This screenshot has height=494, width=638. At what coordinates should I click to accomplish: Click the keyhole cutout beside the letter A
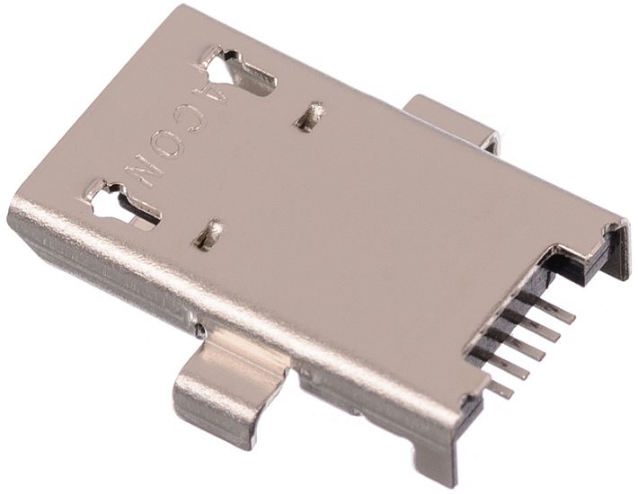tap(236, 73)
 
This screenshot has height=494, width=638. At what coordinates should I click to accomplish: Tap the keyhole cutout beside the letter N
tap(122, 204)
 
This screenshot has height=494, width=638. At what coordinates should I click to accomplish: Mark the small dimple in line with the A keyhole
tap(310, 117)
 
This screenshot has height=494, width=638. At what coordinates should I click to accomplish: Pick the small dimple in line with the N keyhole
tap(208, 234)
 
